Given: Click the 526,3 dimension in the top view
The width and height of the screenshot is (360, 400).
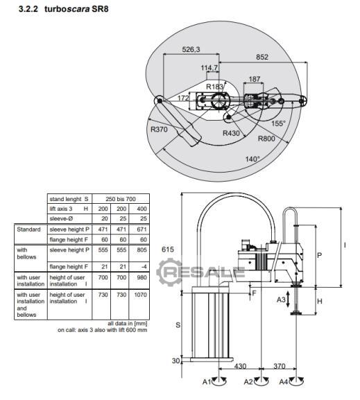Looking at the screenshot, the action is click(191, 49).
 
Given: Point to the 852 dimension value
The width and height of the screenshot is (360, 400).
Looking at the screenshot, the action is click(262, 57).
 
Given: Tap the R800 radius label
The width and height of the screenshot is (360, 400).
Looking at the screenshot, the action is click(266, 139).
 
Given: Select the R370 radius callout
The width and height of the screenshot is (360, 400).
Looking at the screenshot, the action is click(159, 130).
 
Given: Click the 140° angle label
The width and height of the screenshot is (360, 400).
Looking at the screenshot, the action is click(252, 159).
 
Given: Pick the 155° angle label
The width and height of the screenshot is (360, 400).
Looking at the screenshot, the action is click(278, 123).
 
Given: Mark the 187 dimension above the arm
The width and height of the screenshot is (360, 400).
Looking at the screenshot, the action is click(255, 79).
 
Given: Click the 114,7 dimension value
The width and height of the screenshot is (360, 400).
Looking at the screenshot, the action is click(209, 68).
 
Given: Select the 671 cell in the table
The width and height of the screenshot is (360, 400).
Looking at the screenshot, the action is click(142, 229).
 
